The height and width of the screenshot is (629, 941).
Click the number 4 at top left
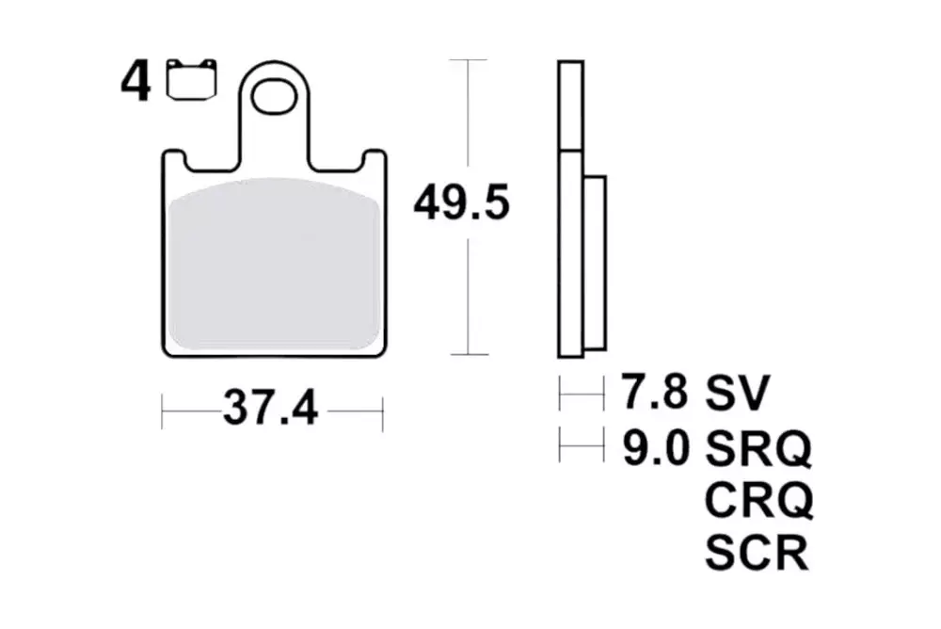click(x=136, y=83)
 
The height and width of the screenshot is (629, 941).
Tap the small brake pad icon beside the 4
click(x=191, y=79)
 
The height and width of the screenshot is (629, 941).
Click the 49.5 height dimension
click(x=461, y=203)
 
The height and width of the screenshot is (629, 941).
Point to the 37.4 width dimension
click(x=271, y=411)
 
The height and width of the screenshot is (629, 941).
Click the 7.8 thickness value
click(x=651, y=392)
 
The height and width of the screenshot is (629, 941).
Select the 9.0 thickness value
click(x=651, y=449)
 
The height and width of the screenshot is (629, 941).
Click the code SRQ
click(x=758, y=449)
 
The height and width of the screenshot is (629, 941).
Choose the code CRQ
click(x=758, y=501)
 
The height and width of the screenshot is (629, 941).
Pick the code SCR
click(x=756, y=553)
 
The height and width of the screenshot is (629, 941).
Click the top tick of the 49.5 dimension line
click(x=468, y=60)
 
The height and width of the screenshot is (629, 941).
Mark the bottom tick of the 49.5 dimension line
click(x=468, y=355)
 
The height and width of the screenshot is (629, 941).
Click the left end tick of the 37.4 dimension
click(x=163, y=411)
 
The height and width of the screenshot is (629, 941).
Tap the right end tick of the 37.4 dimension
click(x=382, y=411)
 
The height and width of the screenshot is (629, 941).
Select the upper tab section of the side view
click(x=570, y=105)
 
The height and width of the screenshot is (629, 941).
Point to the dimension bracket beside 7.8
click(x=582, y=393)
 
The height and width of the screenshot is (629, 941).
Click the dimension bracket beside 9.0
click(x=582, y=444)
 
